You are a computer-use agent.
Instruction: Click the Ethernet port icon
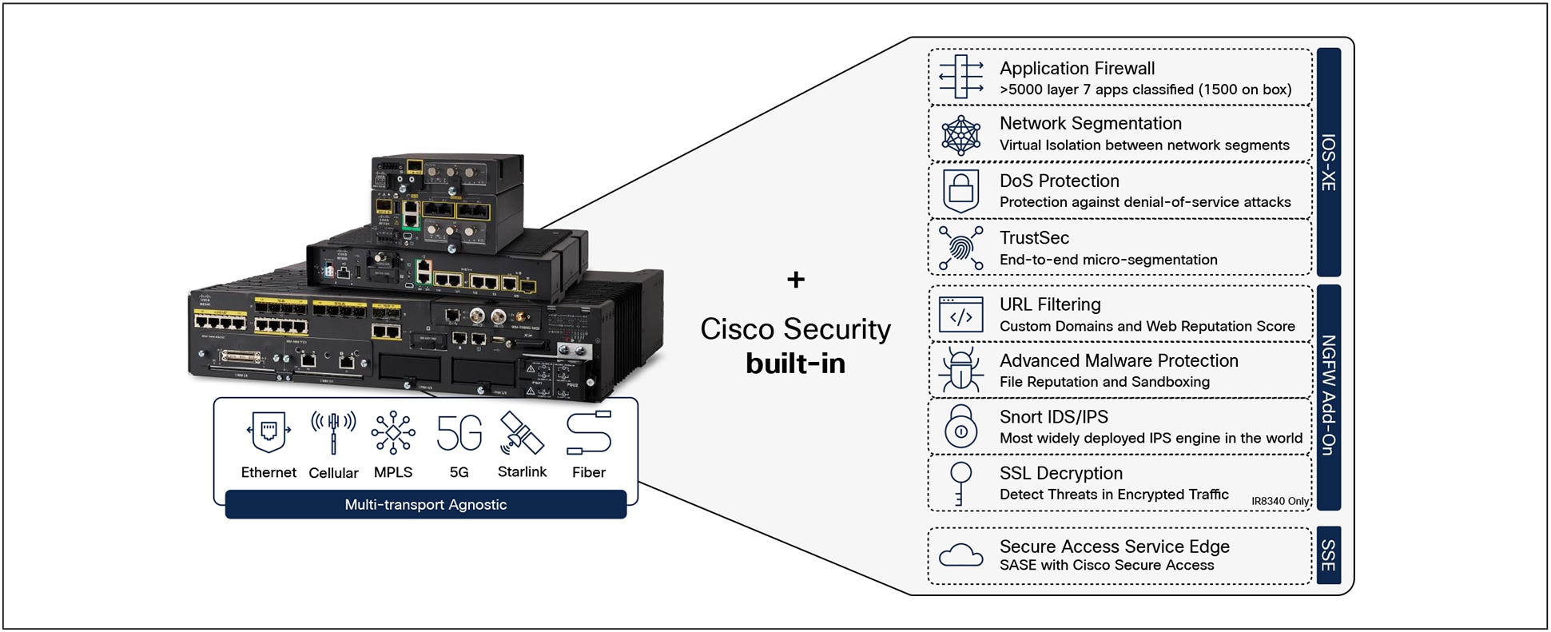tap(268, 432)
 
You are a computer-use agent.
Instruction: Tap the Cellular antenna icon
tap(333, 432)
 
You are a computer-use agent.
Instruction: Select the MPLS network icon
tap(393, 432)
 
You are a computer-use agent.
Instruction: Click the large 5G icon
tap(459, 432)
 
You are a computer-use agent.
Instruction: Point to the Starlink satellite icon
tap(521, 432)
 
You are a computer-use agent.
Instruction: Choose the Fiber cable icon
tap(589, 432)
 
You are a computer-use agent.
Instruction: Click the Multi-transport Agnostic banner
tap(425, 505)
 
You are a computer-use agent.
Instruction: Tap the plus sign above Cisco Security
tap(795, 280)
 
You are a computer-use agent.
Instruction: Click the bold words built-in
tap(795, 364)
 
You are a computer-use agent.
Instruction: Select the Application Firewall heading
tap(1076, 69)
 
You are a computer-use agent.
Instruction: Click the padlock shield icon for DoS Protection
tap(960, 190)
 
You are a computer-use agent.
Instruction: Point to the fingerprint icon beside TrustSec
tap(960, 248)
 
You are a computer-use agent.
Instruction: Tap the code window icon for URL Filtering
tap(960, 315)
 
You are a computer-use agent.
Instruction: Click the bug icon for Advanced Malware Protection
tap(960, 371)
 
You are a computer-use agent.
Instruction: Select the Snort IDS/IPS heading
tap(1053, 417)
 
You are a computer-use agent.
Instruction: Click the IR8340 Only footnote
tap(1279, 502)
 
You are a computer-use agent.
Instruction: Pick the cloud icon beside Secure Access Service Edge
tap(960, 555)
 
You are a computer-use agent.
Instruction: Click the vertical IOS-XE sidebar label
tap(1328, 162)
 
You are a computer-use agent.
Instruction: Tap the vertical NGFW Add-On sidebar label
tap(1328, 395)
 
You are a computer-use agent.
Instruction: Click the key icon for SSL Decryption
tap(960, 483)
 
